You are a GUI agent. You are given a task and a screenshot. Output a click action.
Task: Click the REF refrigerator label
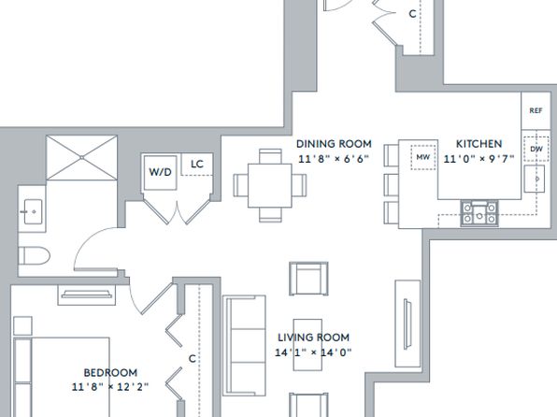pos(536,110)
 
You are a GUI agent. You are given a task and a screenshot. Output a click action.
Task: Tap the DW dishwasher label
pos(536,149)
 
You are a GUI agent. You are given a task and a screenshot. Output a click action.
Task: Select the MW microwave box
pos(423,157)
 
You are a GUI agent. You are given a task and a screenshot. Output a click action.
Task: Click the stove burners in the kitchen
pos(479,213)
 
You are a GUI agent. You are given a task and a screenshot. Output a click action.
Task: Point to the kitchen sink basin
pos(535,179)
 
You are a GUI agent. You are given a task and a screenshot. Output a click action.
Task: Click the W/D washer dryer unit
pos(160,172)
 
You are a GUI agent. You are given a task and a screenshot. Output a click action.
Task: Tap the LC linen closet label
pos(197,164)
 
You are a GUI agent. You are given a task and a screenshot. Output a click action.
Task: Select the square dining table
pos(270,185)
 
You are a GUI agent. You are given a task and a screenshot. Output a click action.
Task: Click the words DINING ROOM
pos(334,144)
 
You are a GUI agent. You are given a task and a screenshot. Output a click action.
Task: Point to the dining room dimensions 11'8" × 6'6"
pos(334,159)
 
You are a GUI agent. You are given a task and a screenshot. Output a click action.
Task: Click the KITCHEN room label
pos(478,144)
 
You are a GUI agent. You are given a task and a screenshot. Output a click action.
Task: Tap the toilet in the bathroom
pos(34,255)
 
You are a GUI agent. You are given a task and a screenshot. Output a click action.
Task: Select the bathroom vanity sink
pos(33,211)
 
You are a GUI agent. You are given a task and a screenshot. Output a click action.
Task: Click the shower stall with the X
pos(81,157)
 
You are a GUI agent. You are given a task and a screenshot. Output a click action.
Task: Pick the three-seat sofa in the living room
pos(245,346)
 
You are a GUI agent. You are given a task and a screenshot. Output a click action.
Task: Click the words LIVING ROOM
pos(314,338)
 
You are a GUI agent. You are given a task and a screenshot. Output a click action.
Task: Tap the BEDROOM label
pos(110,372)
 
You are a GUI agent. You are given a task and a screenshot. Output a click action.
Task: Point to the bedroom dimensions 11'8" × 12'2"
pos(110,387)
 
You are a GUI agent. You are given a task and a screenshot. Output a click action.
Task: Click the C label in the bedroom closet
pos(193,359)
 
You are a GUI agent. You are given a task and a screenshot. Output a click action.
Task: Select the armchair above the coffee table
pos(308,279)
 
